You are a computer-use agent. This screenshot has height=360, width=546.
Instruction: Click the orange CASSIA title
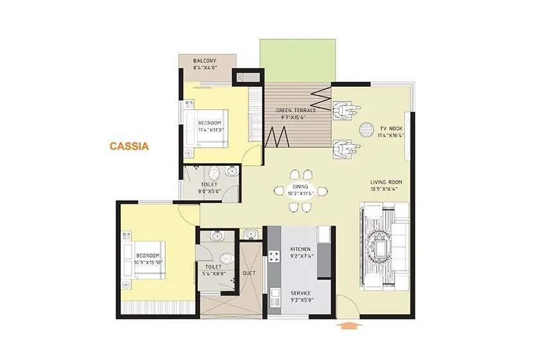128,146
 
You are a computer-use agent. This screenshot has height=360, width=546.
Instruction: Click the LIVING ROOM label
385,182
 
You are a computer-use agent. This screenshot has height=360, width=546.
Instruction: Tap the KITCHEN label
300,249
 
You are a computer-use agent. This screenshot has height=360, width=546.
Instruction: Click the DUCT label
249,273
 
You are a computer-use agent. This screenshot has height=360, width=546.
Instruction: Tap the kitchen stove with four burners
274,256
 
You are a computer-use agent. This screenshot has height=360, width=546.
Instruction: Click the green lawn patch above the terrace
298,60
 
